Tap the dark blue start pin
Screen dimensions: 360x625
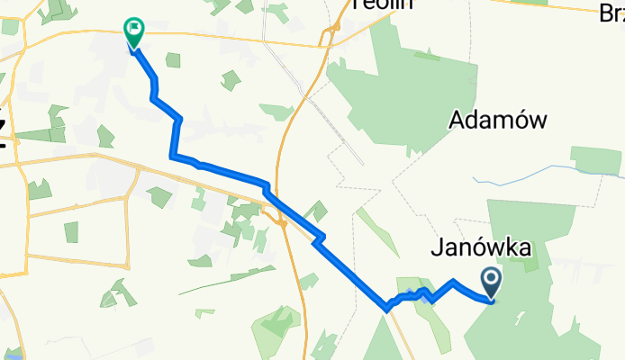pos(492,282)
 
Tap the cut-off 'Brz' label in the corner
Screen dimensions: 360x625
pos(611,13)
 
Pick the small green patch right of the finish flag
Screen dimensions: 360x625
pos(173,59)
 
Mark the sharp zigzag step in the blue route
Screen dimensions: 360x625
pos(317,238)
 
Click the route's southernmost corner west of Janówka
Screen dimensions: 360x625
pos(386,309)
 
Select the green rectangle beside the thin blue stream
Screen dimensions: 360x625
pos(595,160)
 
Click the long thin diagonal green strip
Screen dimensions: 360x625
pos(225,279)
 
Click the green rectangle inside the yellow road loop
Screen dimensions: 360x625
pos(71,231)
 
